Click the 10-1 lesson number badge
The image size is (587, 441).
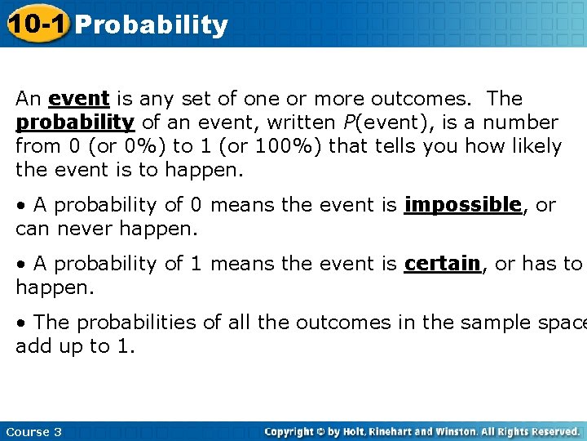tap(36, 24)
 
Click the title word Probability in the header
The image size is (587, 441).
tap(151, 25)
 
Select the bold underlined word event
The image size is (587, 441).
tap(79, 99)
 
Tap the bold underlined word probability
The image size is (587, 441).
tap(75, 123)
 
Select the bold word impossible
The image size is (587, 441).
tap(462, 205)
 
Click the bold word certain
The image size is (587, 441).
tap(442, 264)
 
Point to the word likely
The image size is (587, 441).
tap(532, 147)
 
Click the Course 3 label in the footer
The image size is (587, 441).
tap(33, 430)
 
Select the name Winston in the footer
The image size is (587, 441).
tap(462, 430)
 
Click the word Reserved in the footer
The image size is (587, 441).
tap(552, 430)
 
